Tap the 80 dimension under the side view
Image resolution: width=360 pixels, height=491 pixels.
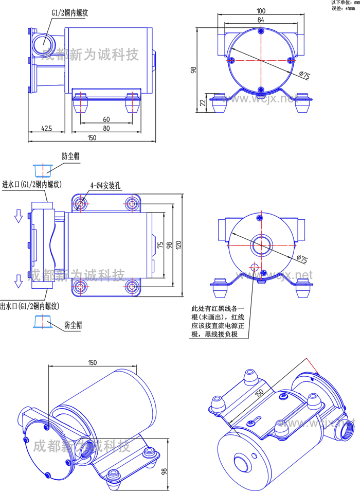tap(106, 128)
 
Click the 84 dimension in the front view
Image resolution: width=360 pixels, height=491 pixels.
tap(261, 20)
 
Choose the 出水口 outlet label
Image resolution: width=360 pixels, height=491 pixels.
tap(30, 306)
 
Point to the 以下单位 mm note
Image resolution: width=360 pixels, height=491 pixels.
tap(343, 3)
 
